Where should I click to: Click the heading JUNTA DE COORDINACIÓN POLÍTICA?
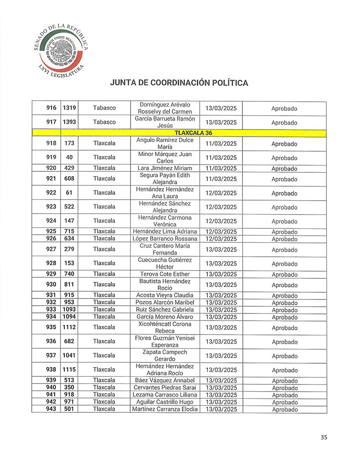pyautogui.click(x=179, y=83)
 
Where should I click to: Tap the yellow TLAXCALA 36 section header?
pyautogui.click(x=193, y=132)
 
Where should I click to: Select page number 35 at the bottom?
pyautogui.click(x=324, y=437)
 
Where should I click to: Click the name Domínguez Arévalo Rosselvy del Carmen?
pyautogui.click(x=165, y=108)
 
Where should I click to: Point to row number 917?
pyautogui.click(x=51, y=122)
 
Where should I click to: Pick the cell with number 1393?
pyautogui.click(x=70, y=122)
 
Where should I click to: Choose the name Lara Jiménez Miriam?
pyautogui.click(x=165, y=168)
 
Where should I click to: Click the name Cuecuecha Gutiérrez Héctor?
pyautogui.click(x=165, y=263)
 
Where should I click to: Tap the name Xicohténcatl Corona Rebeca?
pyautogui.click(x=165, y=327)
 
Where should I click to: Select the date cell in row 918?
pyautogui.click(x=221, y=143)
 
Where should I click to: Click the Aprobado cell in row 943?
pyautogui.click(x=284, y=409)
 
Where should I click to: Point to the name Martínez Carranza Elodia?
pyautogui.click(x=165, y=409)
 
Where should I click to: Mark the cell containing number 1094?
pyautogui.click(x=70, y=317)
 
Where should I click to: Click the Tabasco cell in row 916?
pyautogui.click(x=105, y=108)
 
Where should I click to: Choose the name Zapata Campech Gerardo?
pyautogui.click(x=165, y=355)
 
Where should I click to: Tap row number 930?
pyautogui.click(x=51, y=285)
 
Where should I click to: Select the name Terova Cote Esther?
pyautogui.click(x=165, y=274)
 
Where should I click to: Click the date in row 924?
pyautogui.click(x=221, y=221)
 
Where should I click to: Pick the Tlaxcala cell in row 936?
pyautogui.click(x=105, y=341)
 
